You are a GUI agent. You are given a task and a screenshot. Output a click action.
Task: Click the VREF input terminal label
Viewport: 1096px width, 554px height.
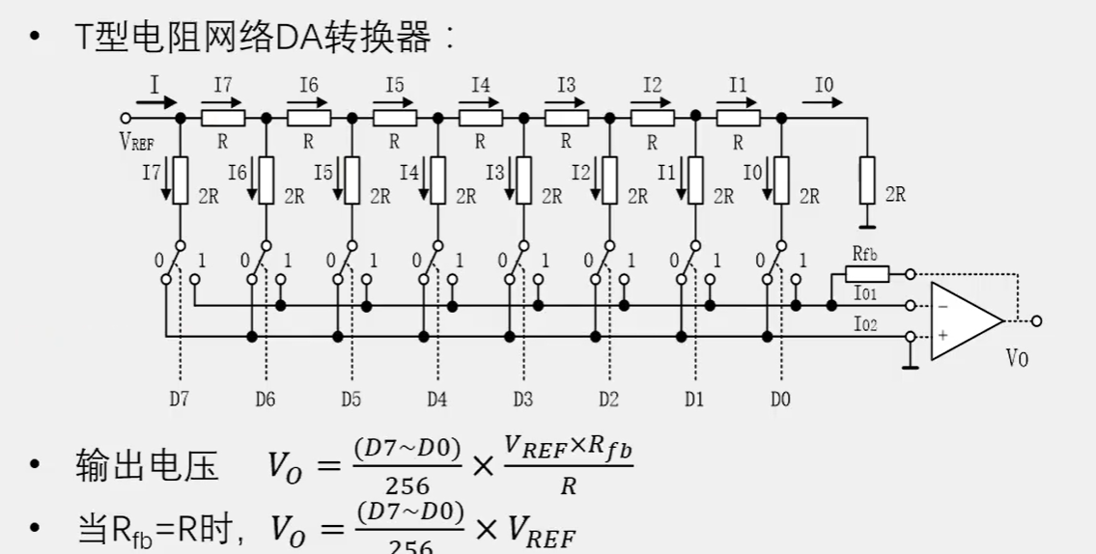[x=137, y=141]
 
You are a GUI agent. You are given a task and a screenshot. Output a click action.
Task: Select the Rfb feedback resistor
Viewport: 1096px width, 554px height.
[x=866, y=273]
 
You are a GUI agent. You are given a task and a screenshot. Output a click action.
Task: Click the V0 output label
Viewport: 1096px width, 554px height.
[x=1017, y=358]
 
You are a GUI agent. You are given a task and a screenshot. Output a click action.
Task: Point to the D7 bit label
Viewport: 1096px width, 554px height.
[x=180, y=400]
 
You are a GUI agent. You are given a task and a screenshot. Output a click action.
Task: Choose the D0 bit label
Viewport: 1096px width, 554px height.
[x=779, y=400]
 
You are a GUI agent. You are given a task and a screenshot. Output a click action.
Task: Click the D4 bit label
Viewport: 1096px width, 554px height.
[x=436, y=400]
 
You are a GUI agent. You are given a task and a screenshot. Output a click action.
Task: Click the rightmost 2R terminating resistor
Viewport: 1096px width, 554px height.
[x=866, y=180]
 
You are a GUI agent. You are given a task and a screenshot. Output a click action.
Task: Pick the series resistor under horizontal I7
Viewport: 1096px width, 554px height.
[x=223, y=118]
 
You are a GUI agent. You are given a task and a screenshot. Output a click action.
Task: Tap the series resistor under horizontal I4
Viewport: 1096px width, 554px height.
[x=480, y=118]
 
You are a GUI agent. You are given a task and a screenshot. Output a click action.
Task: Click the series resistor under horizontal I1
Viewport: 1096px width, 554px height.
[x=738, y=118]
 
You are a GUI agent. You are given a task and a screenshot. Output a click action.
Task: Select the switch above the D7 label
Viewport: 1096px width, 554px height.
[x=174, y=261]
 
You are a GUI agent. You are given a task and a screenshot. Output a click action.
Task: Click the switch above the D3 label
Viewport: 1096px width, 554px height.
[x=517, y=261]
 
